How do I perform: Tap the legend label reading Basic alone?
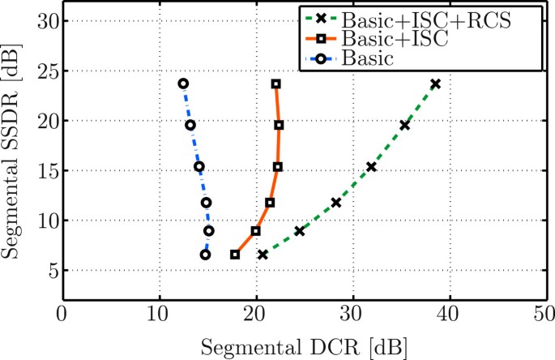(x=368, y=58)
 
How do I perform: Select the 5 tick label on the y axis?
(x=51, y=271)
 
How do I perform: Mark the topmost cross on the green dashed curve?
(x=436, y=84)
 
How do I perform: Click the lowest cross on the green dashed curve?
(x=263, y=255)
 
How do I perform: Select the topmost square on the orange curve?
(x=276, y=84)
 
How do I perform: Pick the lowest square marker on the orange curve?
(x=235, y=255)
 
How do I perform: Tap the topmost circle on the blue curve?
(x=183, y=84)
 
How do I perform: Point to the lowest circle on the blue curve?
(x=205, y=255)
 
